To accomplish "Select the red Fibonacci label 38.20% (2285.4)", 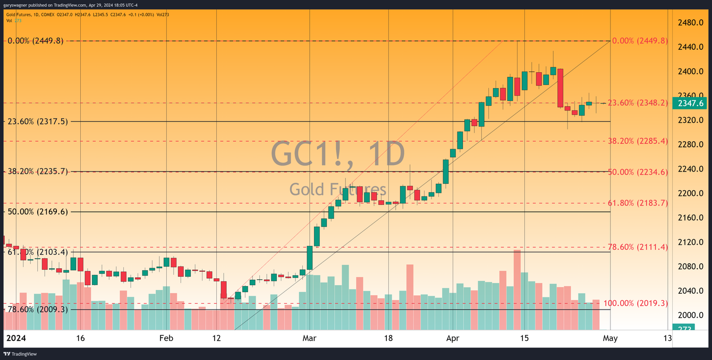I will pyautogui.click(x=638, y=141).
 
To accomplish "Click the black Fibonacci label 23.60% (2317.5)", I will pyautogui.click(x=37, y=122).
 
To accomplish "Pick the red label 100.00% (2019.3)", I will pyautogui.click(x=635, y=303).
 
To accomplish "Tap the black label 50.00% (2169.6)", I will pyautogui.click(x=37, y=212).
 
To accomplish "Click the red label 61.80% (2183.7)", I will pyautogui.click(x=638, y=203).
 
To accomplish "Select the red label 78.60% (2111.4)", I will pyautogui.click(x=638, y=247).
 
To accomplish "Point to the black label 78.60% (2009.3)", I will pyautogui.click(x=37, y=309).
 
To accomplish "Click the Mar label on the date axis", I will pyautogui.click(x=309, y=338).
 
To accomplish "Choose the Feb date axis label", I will pyautogui.click(x=167, y=338).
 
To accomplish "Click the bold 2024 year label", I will pyautogui.click(x=16, y=338).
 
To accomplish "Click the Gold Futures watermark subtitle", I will pyautogui.click(x=338, y=189).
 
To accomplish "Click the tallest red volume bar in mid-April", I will pyautogui.click(x=517, y=289).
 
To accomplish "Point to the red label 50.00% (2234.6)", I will pyautogui.click(x=638, y=172).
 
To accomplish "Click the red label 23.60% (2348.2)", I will pyautogui.click(x=638, y=103).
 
